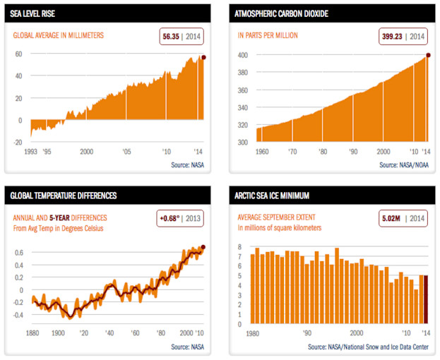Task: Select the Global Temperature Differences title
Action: pos(64,195)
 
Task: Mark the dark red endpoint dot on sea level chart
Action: pos(204,57)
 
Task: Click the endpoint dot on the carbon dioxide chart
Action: pos(427,55)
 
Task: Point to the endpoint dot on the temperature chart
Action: pos(203,247)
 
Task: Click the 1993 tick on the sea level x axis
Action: pos(31,152)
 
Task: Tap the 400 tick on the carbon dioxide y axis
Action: pos(242,55)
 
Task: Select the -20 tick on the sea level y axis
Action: pos(18,142)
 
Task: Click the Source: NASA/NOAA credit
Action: pos(404,164)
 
